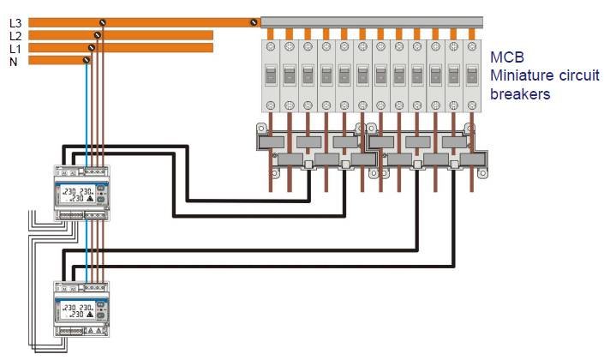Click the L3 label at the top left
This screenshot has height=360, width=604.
coord(15,22)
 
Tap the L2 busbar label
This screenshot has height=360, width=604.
coord(15,35)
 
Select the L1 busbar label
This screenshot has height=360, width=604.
coord(15,48)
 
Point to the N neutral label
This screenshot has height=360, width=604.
coord(13,61)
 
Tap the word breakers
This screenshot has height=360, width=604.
coord(519,94)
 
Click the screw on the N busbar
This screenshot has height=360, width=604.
coord(87,60)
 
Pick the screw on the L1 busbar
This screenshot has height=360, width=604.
coord(93,48)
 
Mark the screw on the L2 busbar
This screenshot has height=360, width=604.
coord(98,35)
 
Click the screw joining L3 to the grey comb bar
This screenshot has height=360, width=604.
coord(253,21)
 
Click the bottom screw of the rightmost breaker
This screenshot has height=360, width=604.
coord(471,105)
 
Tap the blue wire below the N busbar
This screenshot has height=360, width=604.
coord(87,111)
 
